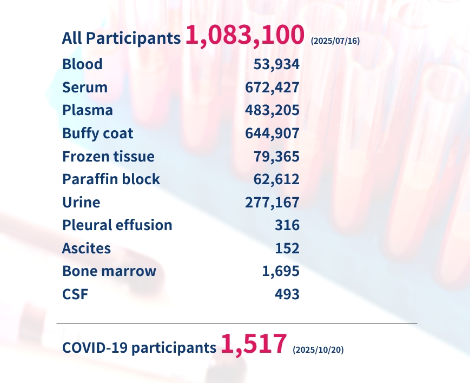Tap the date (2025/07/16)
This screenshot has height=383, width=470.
pyautogui.click(x=335, y=41)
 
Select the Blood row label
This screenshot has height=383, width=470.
pyautogui.click(x=82, y=64)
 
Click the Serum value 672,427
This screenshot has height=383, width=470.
pyautogui.click(x=272, y=88)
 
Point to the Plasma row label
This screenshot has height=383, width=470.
pyautogui.click(x=88, y=110)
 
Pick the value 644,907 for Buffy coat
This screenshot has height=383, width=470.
pyautogui.click(x=272, y=133)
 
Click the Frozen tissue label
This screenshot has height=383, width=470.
pyautogui.click(x=108, y=157)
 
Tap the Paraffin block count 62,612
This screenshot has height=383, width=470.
pyautogui.click(x=276, y=179)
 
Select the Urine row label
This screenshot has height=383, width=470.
pyautogui.click(x=81, y=203)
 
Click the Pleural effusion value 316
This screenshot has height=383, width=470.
pyautogui.click(x=287, y=225)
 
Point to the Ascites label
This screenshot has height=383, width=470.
pyautogui.click(x=87, y=248)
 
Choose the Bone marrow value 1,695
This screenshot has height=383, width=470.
pyautogui.click(x=281, y=271)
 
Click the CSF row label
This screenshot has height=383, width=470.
pyautogui.click(x=75, y=294)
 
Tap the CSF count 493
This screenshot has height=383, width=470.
pyautogui.click(x=287, y=294)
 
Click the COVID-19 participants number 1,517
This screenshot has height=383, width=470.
pyautogui.click(x=253, y=345)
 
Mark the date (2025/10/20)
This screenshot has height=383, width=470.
pyautogui.click(x=317, y=350)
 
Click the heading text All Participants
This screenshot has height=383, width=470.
pyautogui.click(x=121, y=38)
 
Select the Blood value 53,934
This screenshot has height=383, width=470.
pyautogui.click(x=276, y=64)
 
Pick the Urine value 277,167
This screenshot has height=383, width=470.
pyautogui.click(x=272, y=203)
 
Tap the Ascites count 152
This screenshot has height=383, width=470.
pyautogui.click(x=287, y=248)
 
